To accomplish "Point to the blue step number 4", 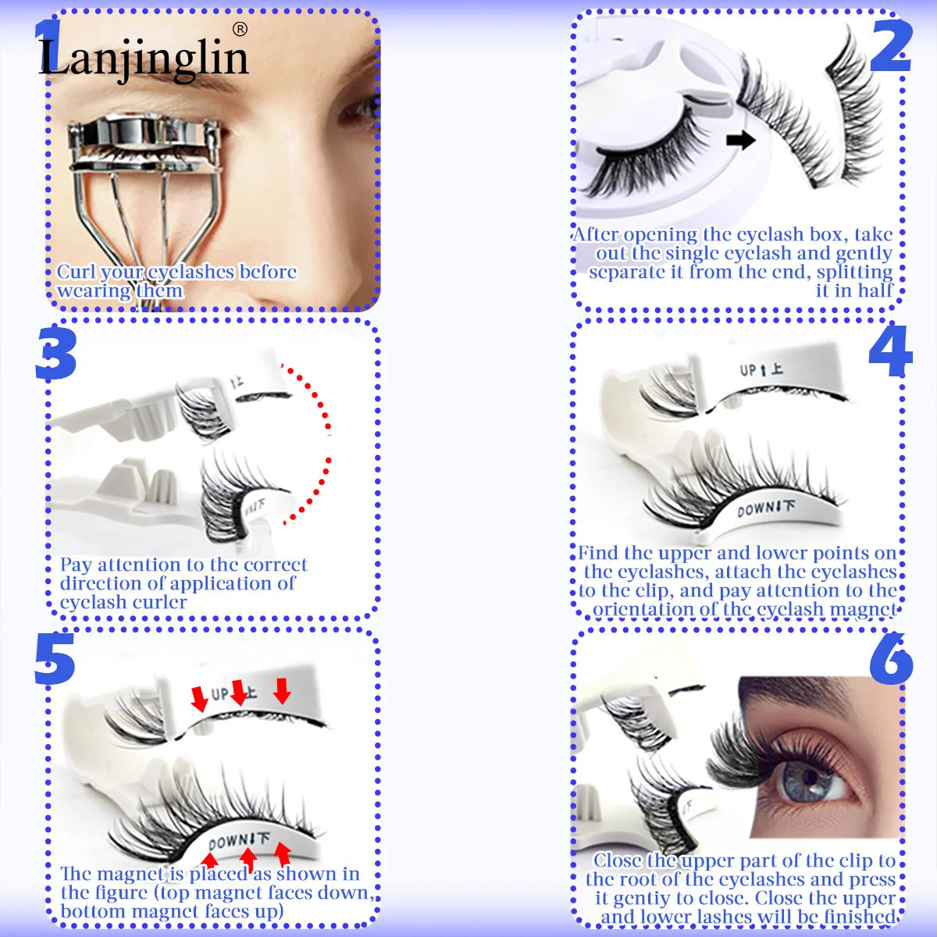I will coord(890,352).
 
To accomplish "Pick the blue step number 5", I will coord(54,660).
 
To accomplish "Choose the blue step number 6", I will coord(891,660).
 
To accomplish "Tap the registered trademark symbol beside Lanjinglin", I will coord(240,29).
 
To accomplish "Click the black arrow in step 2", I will coord(740,141).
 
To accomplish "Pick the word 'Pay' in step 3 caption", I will coord(77,565).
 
